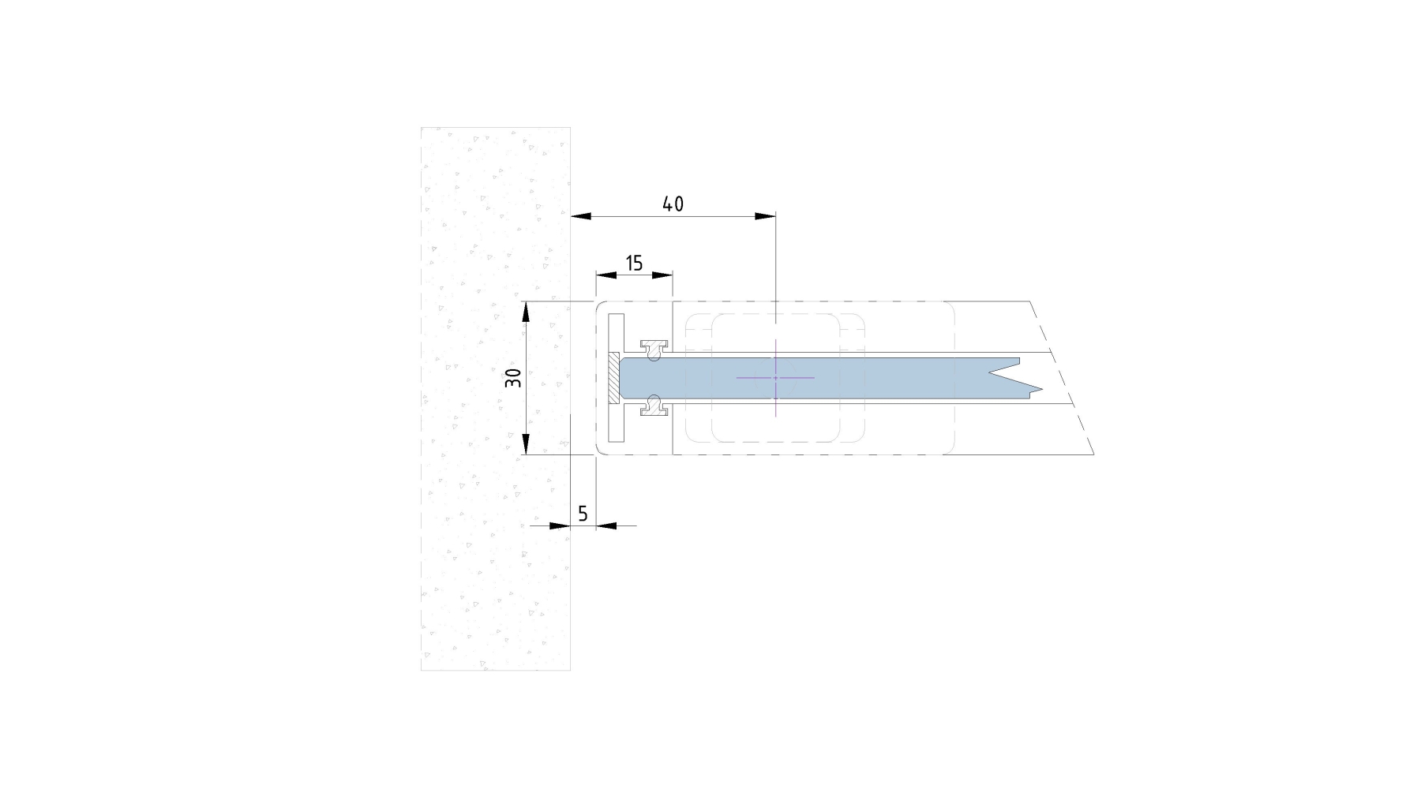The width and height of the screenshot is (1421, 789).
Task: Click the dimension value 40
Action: pyautogui.click(x=673, y=204)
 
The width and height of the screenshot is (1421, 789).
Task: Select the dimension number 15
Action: pyautogui.click(x=635, y=264)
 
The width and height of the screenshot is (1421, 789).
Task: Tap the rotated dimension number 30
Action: pyautogui.click(x=514, y=378)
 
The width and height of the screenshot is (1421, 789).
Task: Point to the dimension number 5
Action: pyautogui.click(x=583, y=514)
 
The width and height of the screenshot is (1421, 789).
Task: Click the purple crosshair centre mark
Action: pyautogui.click(x=775, y=378)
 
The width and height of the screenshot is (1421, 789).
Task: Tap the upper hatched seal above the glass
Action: pyautogui.click(x=654, y=348)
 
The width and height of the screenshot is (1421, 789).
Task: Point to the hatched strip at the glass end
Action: pyautogui.click(x=613, y=378)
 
